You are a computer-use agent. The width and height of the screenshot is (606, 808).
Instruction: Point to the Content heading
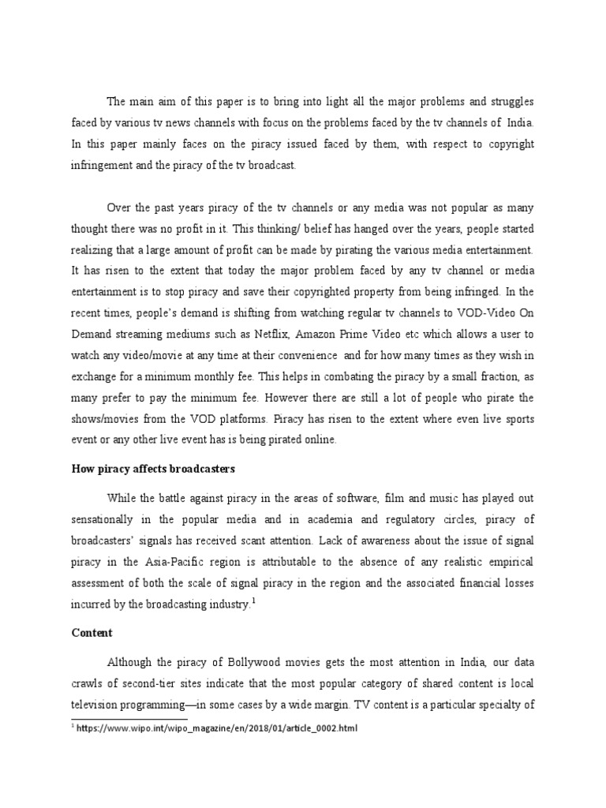click(92, 633)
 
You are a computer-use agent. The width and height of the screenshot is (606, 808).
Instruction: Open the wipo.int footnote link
click(216, 728)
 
